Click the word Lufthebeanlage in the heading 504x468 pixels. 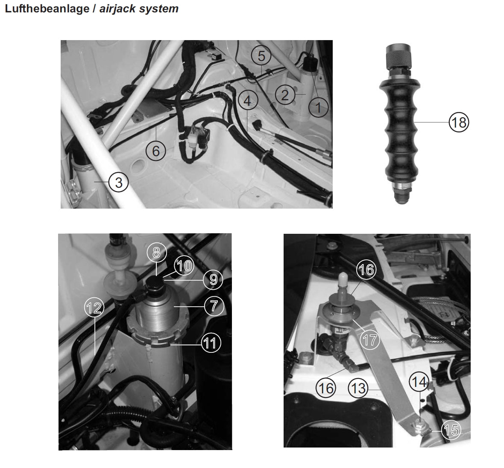pos(47,9)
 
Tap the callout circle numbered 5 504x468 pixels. pos(261,56)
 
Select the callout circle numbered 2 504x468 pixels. pos(285,95)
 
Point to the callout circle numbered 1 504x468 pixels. pos(319,107)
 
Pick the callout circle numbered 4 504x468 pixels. pos(248,101)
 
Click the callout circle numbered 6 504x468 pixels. pos(156,151)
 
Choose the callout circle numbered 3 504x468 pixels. pos(119,182)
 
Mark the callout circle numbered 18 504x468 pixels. pos(459,122)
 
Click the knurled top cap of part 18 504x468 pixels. pos(399,57)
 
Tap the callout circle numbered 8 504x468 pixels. pos(156,253)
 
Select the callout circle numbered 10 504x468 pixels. pos(184,266)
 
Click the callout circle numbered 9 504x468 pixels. pos(213,279)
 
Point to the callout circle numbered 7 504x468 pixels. pos(214,305)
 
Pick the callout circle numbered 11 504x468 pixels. pos(211,343)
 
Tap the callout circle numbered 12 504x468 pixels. pos(94,308)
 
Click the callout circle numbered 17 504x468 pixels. pos(369,340)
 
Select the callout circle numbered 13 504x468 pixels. pos(358,388)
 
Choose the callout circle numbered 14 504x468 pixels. pos(419,382)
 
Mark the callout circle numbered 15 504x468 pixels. pos(451,430)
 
